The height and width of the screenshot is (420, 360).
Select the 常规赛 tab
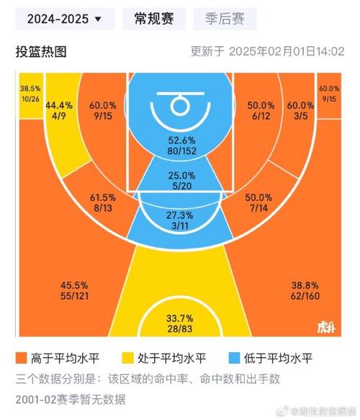[x=153, y=19]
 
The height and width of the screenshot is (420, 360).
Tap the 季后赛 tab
[x=220, y=19]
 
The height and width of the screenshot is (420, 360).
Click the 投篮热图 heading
[x=41, y=52]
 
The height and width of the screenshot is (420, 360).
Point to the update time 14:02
[x=330, y=52]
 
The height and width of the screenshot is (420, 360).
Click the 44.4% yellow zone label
[x=58, y=105]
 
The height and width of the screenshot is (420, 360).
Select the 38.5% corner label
[x=30, y=87]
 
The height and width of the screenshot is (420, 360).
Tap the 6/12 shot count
[x=261, y=116]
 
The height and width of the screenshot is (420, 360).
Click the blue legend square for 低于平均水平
[x=234, y=358]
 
